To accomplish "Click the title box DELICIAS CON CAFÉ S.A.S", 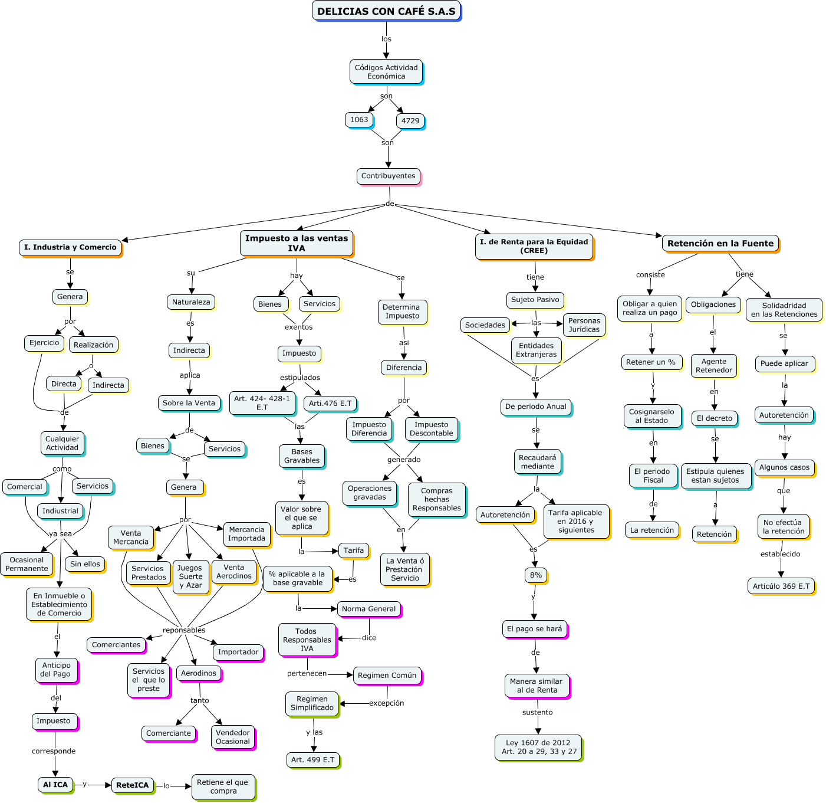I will (x=386, y=11).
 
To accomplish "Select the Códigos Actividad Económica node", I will (x=386, y=71).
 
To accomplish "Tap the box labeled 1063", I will (x=359, y=120).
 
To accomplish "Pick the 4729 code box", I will (x=410, y=121).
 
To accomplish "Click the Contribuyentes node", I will (x=388, y=176).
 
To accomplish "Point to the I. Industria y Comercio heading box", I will (x=70, y=247).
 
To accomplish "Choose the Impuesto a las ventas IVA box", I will (x=297, y=243).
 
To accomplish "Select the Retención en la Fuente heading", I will (x=720, y=243).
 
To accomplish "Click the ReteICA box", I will (x=132, y=785).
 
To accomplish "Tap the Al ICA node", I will (x=55, y=785).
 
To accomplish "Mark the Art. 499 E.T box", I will (x=312, y=760).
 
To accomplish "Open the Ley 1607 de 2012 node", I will (x=538, y=747).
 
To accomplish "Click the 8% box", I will (x=536, y=575).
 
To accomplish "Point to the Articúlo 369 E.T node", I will (x=781, y=586).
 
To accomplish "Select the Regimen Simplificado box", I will (x=312, y=703).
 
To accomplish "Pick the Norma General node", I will (x=369, y=609).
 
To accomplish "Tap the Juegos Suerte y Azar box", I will (x=190, y=576).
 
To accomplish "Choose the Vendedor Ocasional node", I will (x=233, y=737).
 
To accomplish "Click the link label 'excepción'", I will (x=387, y=703).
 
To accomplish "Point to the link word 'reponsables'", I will (x=184, y=630).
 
